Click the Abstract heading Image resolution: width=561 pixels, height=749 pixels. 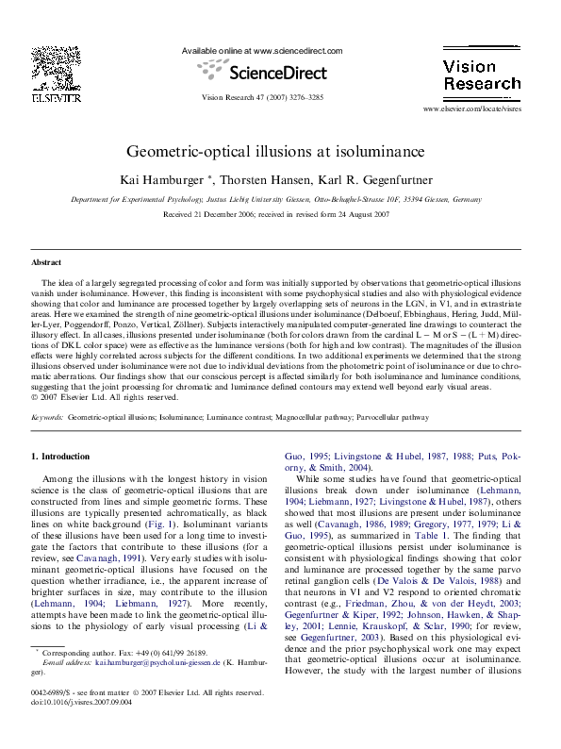coord(47,262)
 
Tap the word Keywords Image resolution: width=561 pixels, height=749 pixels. coord(47,442)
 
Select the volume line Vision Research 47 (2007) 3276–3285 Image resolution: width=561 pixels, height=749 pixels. coord(263,98)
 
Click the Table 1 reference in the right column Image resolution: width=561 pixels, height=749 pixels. coord(402,559)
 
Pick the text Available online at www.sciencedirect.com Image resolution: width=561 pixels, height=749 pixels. coord(262,51)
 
